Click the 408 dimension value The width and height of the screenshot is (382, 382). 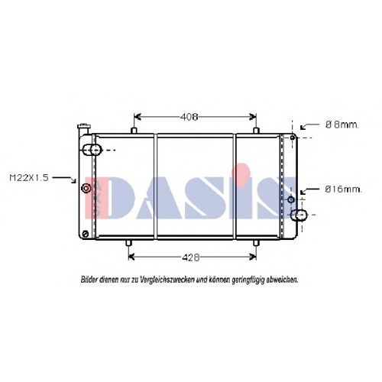click(x=189, y=117)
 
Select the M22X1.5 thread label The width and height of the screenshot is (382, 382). click(x=29, y=178)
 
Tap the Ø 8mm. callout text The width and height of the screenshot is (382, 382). click(x=342, y=125)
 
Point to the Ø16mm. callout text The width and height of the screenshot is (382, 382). click(x=343, y=189)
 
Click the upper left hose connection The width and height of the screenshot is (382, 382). click(x=92, y=150)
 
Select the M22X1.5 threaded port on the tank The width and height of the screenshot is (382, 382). click(x=86, y=189)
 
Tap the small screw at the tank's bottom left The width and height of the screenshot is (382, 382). click(x=86, y=234)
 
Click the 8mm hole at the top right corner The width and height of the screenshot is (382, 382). click(x=293, y=138)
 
